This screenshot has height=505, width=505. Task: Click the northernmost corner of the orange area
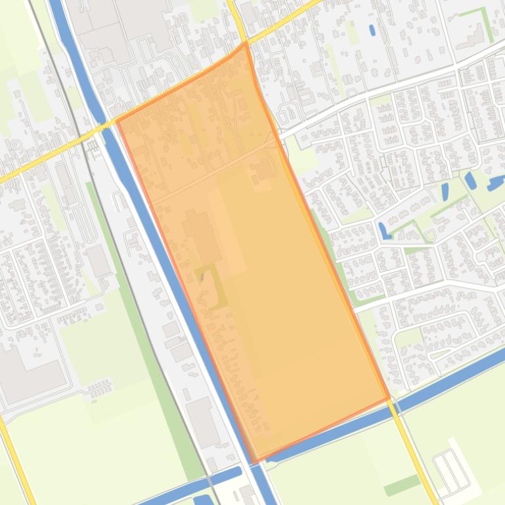click(246, 44)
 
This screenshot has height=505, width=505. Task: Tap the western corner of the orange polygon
click(117, 121)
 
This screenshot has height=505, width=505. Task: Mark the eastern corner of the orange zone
click(389, 398)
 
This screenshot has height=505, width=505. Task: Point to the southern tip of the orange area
click(253, 462)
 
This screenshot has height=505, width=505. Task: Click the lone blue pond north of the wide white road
click(372, 30)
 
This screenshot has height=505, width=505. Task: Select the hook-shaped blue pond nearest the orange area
click(382, 230)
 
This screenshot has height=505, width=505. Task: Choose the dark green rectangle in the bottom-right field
click(402, 486)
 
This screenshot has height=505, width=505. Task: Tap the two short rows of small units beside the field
click(99, 388)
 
